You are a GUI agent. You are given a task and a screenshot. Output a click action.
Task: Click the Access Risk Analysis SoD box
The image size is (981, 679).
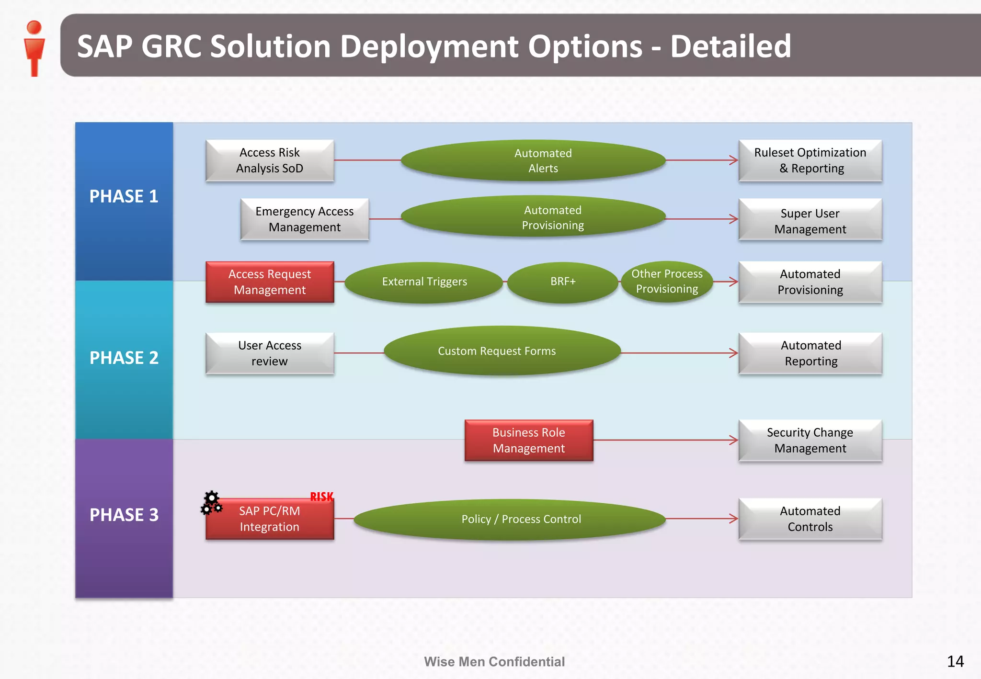point(270,160)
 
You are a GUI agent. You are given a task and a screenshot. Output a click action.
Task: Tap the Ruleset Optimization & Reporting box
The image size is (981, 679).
point(810,160)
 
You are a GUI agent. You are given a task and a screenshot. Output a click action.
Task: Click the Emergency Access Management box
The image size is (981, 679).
point(305,219)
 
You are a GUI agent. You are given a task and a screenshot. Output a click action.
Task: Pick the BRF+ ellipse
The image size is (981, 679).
point(562,282)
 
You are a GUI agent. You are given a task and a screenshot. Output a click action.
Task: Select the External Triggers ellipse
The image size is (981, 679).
point(424,282)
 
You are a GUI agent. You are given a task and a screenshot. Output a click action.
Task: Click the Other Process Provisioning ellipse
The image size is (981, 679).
point(667,282)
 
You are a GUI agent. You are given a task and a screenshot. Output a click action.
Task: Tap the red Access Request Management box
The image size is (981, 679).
point(270,282)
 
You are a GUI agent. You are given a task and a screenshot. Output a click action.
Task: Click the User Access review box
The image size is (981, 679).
point(270,353)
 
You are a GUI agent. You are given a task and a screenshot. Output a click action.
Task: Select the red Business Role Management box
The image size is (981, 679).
point(529,441)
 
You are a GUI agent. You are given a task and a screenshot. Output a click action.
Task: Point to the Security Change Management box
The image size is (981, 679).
point(810,441)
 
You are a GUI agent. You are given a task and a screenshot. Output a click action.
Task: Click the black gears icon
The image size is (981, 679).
point(211,503)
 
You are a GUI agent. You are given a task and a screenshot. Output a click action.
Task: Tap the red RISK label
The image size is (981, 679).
point(321,497)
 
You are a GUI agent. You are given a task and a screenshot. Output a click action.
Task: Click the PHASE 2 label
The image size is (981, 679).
point(124,358)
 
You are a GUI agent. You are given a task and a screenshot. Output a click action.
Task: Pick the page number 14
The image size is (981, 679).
point(955,661)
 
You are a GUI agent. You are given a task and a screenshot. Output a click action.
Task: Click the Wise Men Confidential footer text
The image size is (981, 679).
point(494,662)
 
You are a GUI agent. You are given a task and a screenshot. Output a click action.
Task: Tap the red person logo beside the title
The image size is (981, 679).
point(34,48)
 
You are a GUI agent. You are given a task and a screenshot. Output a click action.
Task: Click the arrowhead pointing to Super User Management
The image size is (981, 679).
point(733,219)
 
